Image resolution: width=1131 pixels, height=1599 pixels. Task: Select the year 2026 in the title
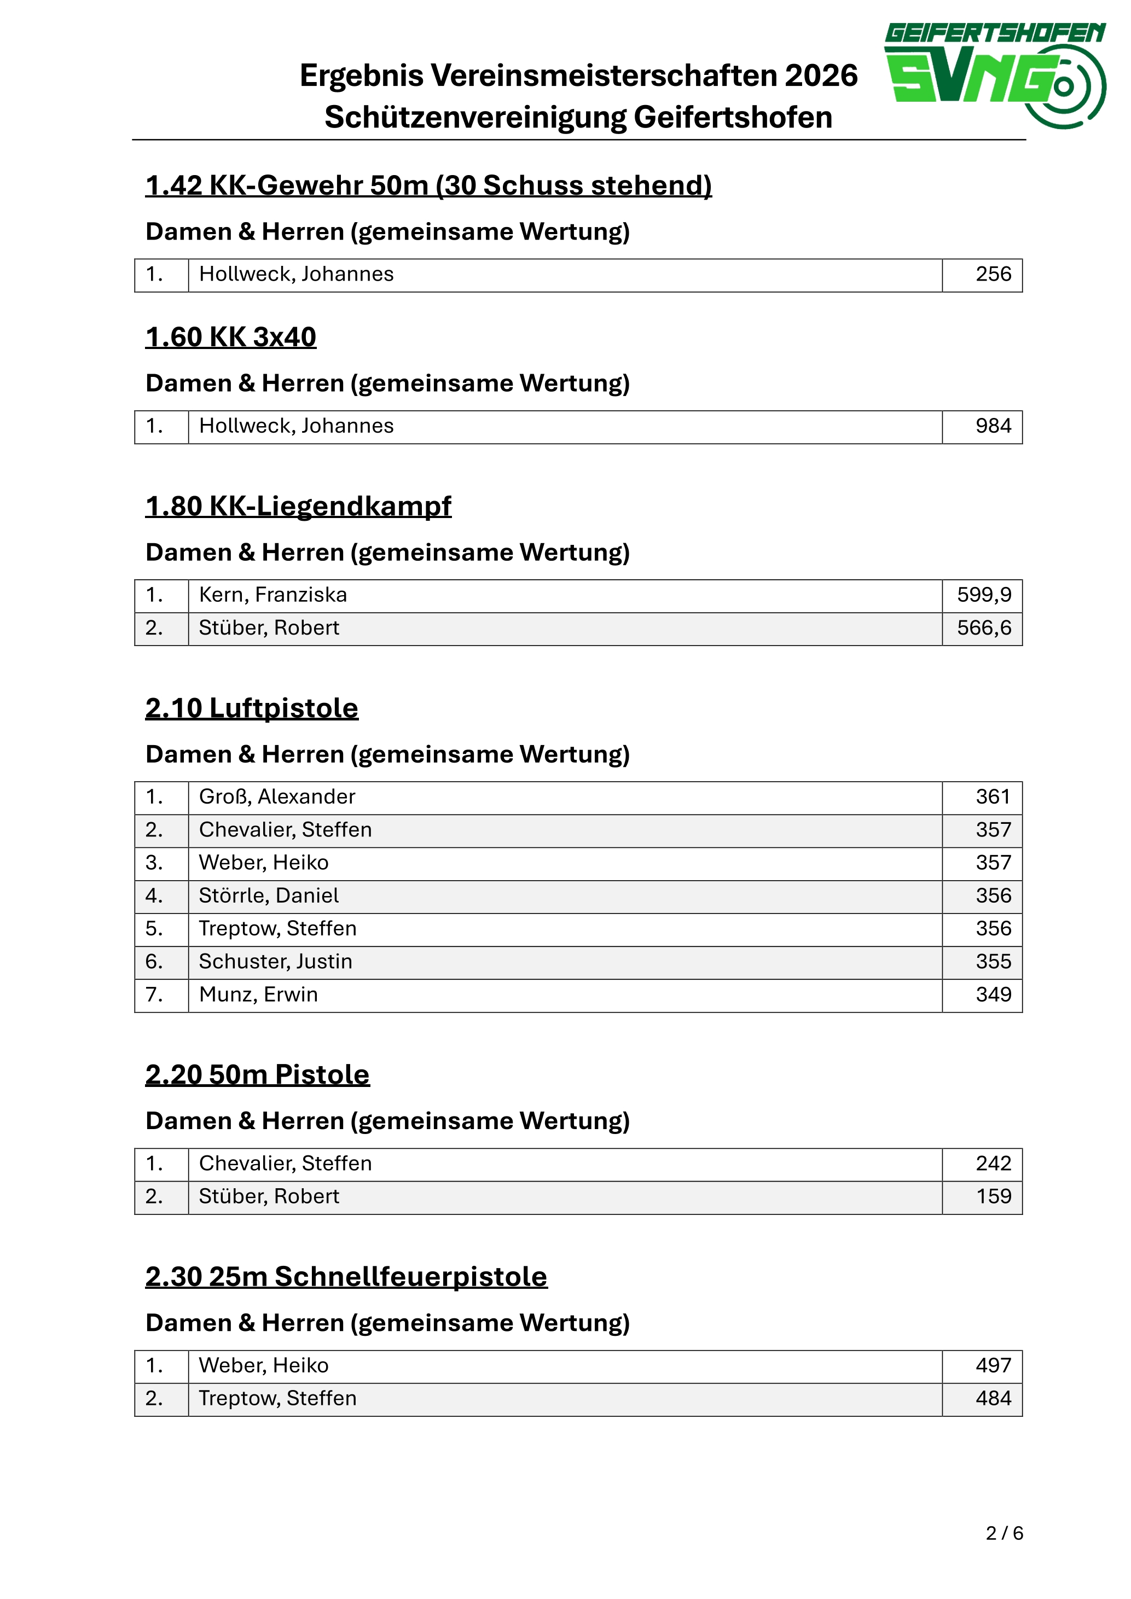click(x=821, y=75)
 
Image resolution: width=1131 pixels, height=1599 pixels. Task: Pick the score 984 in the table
click(x=993, y=426)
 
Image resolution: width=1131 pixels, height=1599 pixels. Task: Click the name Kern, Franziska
click(x=273, y=595)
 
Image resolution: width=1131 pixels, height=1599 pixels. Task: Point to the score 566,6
click(x=983, y=628)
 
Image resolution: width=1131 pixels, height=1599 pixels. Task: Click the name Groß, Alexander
click(x=277, y=796)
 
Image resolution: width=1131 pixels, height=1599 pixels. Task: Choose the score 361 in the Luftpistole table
click(x=993, y=796)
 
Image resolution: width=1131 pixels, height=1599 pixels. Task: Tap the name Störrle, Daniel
click(x=269, y=896)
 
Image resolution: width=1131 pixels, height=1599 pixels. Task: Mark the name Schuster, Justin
click(x=276, y=962)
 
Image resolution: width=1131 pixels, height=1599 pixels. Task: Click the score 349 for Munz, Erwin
click(x=993, y=995)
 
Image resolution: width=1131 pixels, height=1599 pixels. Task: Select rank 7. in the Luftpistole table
click(x=154, y=995)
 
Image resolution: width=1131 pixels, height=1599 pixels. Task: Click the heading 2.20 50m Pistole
click(x=257, y=1074)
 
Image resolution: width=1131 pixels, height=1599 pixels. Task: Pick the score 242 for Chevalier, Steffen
click(x=993, y=1164)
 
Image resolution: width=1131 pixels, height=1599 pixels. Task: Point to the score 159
click(x=993, y=1196)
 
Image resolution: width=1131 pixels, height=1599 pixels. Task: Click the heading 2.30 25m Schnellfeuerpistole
click(x=346, y=1277)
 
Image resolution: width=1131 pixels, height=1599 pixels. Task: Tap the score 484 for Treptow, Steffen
click(x=993, y=1398)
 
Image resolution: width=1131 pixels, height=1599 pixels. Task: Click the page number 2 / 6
click(x=1004, y=1533)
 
